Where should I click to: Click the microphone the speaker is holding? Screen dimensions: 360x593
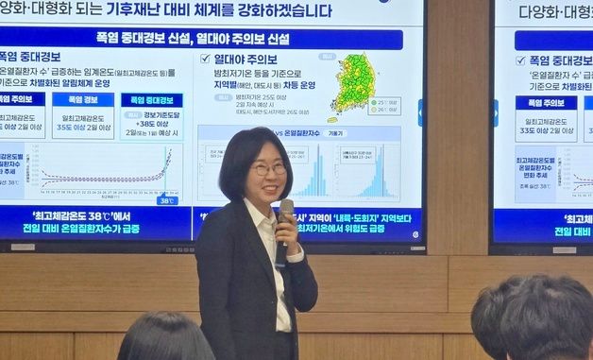coord(286,212)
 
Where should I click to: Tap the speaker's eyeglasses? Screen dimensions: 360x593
coord(268,169)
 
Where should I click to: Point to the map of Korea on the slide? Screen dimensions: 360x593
coord(353,85)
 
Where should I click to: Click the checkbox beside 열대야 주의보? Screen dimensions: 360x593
coord(205,59)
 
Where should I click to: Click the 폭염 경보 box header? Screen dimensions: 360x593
coord(83,99)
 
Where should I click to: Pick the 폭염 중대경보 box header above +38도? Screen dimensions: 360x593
coord(152,99)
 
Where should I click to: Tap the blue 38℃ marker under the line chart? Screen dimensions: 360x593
coord(166,199)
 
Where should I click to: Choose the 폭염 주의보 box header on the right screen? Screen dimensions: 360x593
coord(546,102)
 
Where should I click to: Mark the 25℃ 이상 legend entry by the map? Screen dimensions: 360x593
coord(387,99)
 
